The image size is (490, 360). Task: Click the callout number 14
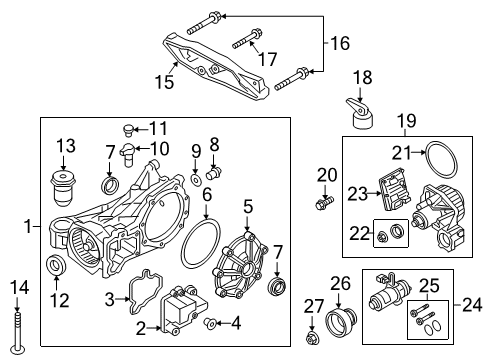(x=13, y=289)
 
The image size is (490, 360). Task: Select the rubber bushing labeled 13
(x=65, y=189)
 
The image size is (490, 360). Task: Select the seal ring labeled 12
(x=59, y=267)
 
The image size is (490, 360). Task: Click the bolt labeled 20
(x=322, y=204)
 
